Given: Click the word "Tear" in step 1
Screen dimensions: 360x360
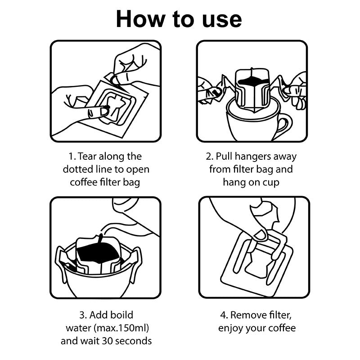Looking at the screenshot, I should coord(89,157).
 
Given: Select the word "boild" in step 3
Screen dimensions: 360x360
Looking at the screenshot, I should coord(121,315).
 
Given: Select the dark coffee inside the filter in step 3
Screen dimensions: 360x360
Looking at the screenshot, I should coord(97,255).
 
